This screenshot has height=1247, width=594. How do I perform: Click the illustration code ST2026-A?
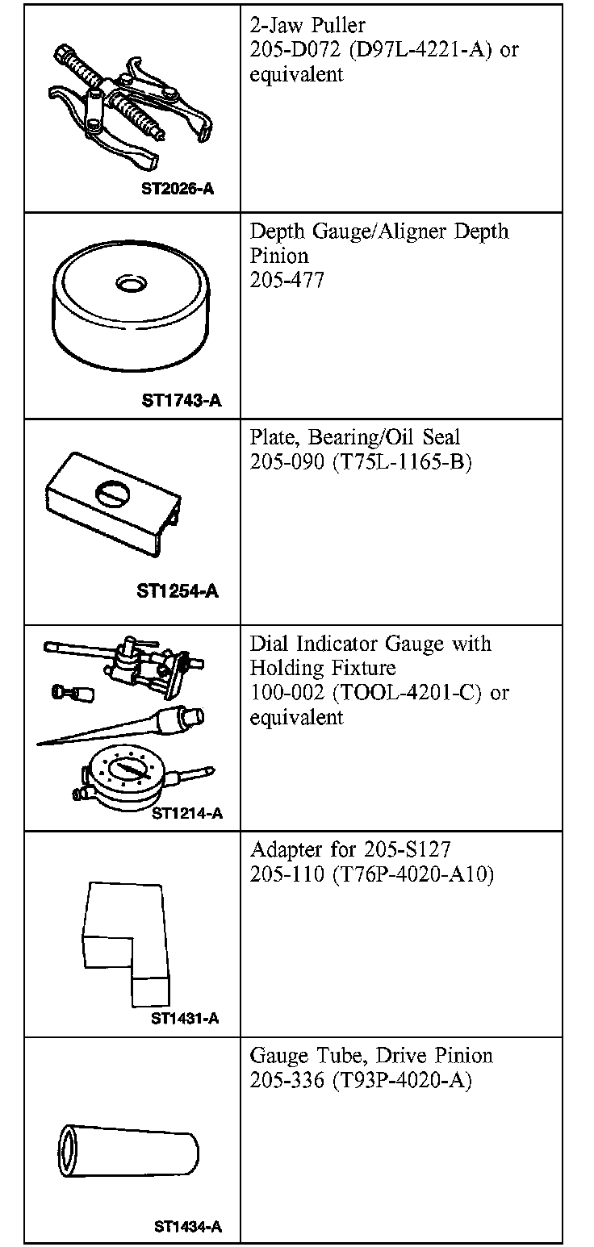[x=178, y=191]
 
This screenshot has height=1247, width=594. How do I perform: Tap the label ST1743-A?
[x=182, y=400]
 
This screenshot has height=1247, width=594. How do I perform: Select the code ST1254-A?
[x=178, y=591]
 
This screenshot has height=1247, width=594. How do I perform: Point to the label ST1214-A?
[x=187, y=813]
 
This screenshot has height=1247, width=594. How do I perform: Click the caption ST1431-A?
[x=185, y=1018]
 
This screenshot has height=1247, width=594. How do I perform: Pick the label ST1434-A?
[x=187, y=1228]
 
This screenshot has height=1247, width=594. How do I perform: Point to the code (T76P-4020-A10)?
[x=412, y=874]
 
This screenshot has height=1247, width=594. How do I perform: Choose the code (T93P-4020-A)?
[x=401, y=1080]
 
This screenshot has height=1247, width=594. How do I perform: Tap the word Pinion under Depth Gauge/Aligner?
[x=279, y=256]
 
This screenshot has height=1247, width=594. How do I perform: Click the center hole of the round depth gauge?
[x=130, y=284]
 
